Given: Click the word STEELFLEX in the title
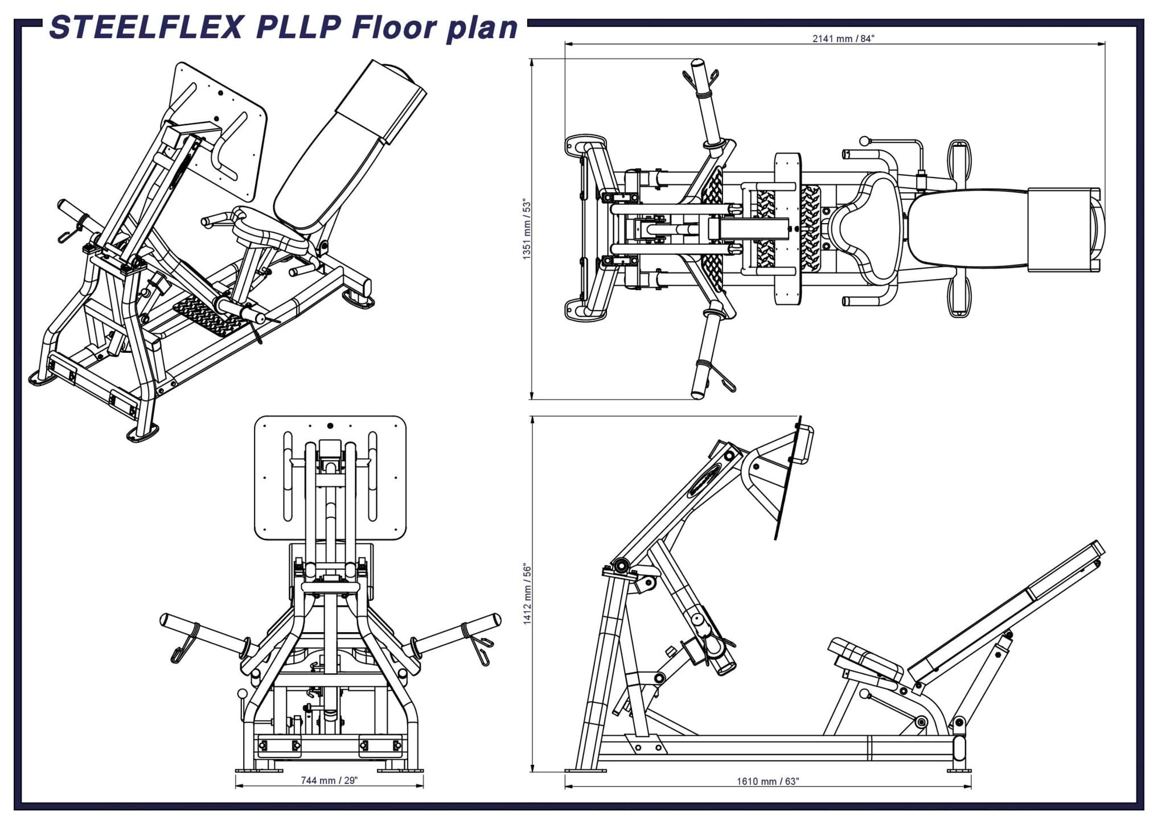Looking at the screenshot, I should [147, 27].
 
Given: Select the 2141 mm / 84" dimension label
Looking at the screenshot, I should [843, 39].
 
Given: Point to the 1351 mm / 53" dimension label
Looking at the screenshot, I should [527, 230].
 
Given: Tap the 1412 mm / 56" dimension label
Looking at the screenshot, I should [527, 595].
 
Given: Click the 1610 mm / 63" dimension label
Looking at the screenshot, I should [767, 781].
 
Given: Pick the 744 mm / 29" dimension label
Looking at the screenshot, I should [329, 780].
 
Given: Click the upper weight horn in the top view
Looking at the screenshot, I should [706, 102].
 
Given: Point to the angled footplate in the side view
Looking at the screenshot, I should [789, 484].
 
